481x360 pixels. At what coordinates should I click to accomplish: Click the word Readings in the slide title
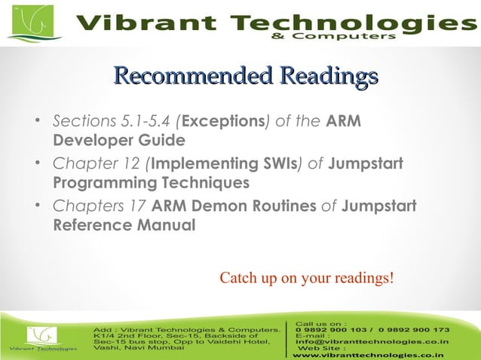[328, 77]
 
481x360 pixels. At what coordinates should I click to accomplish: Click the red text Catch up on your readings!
[306, 278]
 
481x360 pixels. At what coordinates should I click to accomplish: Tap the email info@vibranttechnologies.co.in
[372, 342]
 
